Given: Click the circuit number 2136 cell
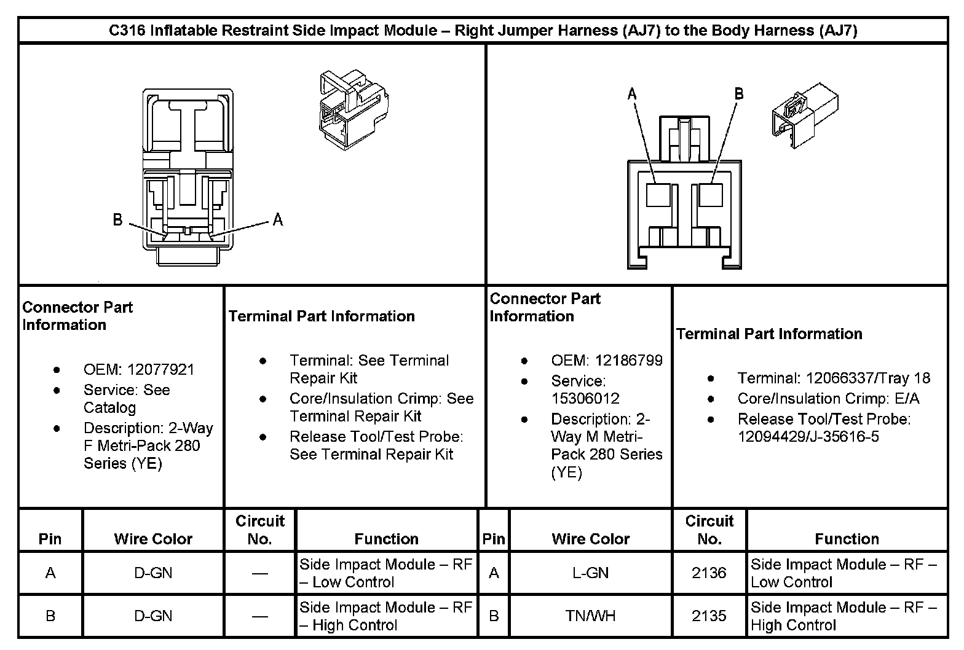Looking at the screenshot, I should pyautogui.click(x=709, y=573).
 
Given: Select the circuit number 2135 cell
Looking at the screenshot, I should pyautogui.click(x=709, y=616).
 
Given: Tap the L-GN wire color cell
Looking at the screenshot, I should pyautogui.click(x=590, y=573).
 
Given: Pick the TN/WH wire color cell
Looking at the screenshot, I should pyautogui.click(x=590, y=616).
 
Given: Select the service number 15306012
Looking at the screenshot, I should pyautogui.click(x=585, y=398).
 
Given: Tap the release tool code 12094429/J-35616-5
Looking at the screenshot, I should pyautogui.click(x=808, y=437).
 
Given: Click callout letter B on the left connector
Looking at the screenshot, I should pyautogui.click(x=117, y=219).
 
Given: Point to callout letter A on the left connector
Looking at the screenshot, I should pyautogui.click(x=278, y=219).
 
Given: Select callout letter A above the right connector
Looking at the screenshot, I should pyautogui.click(x=632, y=94).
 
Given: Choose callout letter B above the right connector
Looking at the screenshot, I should pyautogui.click(x=739, y=94).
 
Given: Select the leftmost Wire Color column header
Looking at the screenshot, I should pyautogui.click(x=153, y=539).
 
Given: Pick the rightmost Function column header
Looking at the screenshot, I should pyautogui.click(x=847, y=539).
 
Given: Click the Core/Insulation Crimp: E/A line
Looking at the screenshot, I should pyautogui.click(x=828, y=399).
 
